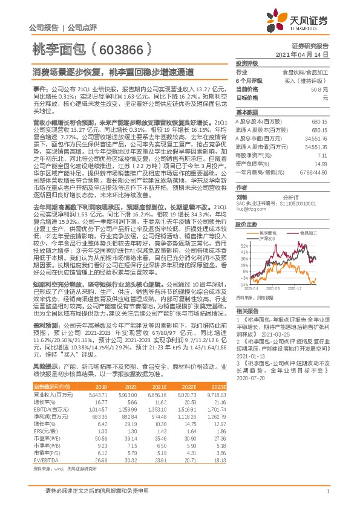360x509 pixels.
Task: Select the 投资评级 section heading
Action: coord(246,63)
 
